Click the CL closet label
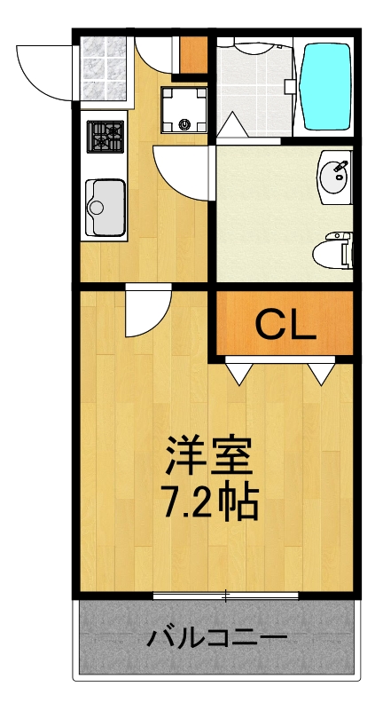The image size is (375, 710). point(285,327)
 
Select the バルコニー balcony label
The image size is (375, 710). point(216,637)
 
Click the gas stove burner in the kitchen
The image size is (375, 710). point(105,138)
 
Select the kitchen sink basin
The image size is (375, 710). point(105,207)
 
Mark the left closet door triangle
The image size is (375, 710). point(238,373)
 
